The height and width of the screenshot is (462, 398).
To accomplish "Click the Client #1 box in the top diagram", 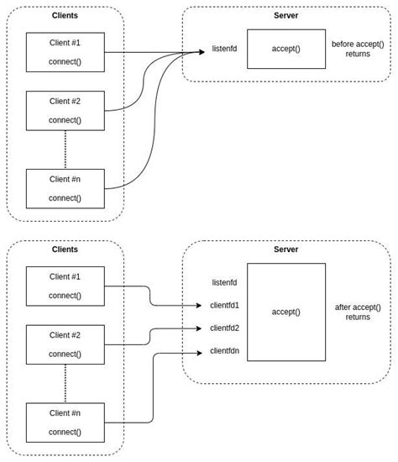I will (x=65, y=52).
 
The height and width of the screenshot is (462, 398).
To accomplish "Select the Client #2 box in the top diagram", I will (x=65, y=111).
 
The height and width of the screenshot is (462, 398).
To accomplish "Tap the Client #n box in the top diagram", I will (x=65, y=188).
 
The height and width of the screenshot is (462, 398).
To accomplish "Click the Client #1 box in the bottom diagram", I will (x=65, y=286).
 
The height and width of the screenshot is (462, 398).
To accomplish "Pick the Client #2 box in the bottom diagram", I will (x=65, y=344).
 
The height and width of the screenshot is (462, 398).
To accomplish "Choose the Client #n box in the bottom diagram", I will (x=65, y=423).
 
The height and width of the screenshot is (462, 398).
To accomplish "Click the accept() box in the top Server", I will (x=285, y=49).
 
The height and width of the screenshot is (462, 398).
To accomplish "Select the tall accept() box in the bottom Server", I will (x=285, y=312).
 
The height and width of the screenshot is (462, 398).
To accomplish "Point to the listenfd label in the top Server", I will (x=224, y=49).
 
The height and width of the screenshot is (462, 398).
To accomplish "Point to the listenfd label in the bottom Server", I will (x=224, y=283).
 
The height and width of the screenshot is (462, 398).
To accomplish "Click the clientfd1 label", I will (x=224, y=306).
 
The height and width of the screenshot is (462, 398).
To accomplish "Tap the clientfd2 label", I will (x=224, y=328).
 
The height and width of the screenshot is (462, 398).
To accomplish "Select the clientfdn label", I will (x=224, y=351).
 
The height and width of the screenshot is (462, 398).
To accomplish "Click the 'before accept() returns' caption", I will (x=358, y=49).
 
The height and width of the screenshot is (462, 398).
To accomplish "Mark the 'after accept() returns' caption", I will (x=358, y=312).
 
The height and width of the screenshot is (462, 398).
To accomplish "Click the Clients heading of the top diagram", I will (x=65, y=15).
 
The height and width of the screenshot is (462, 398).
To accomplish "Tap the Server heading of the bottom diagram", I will (x=285, y=249).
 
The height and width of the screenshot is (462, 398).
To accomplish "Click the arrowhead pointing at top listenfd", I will (x=202, y=52).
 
